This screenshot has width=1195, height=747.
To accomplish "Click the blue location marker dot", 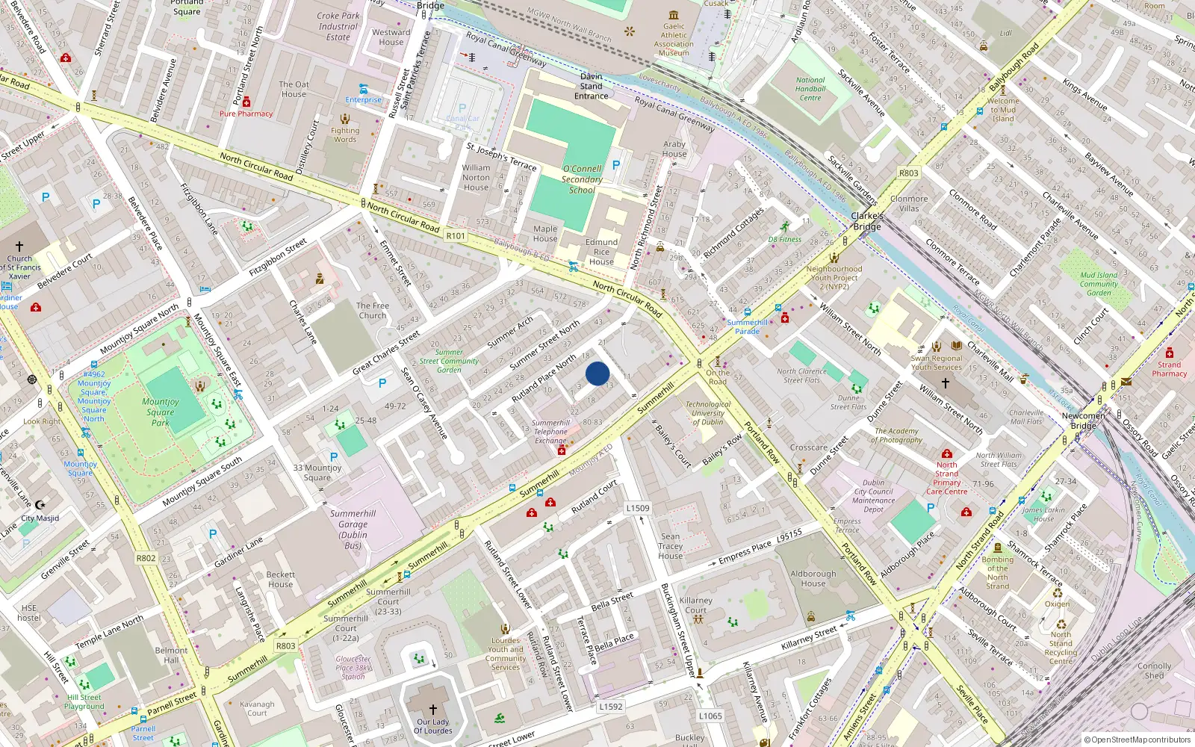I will coord(597,373).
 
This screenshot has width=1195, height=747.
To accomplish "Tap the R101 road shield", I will coord(456,235).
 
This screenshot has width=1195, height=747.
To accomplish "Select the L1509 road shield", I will coord(637,508).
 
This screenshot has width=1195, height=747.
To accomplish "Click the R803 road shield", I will coord(285,646).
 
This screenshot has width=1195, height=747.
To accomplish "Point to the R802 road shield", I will coord(146,558).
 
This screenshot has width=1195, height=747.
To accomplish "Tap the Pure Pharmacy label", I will coord(246,114).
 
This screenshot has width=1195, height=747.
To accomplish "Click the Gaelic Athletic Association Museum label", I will coord(674,40).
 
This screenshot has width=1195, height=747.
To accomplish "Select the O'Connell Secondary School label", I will coord(582,179).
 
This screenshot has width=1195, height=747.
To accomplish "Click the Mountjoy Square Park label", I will coord(161,412).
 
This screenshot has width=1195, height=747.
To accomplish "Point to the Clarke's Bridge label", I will coord(867,221).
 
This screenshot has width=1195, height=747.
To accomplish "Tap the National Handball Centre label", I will coord(810,89).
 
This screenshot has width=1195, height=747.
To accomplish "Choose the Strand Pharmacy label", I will coord(1169,369).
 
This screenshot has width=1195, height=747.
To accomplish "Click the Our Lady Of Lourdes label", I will coord(433,726).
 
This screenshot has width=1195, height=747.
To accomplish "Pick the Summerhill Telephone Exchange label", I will coord(551,432).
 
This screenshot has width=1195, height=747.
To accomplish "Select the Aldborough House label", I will coord(813,579).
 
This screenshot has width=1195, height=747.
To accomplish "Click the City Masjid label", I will coord(40,518).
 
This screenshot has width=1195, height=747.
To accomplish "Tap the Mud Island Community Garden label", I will coord(1099,284).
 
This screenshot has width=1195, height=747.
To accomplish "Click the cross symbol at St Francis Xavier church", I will coord(19,246).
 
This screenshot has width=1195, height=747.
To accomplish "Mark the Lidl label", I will coord(1006,33).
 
